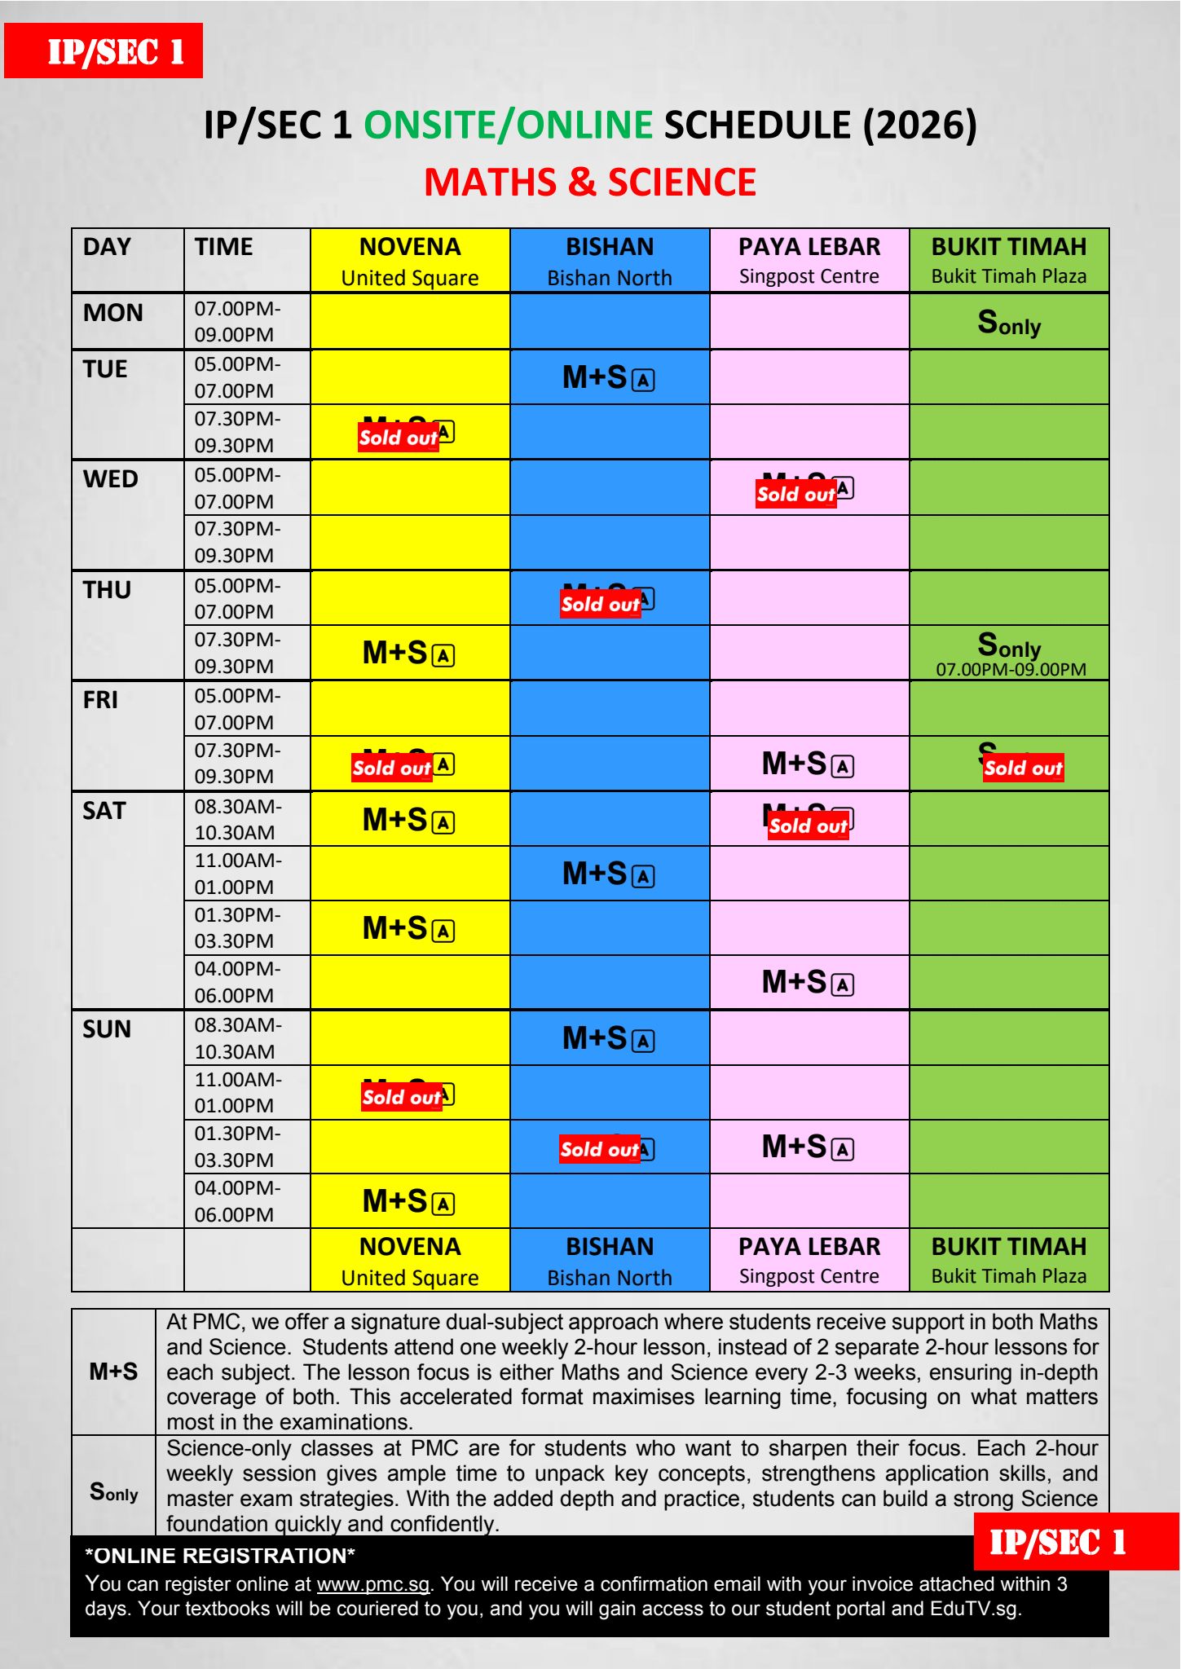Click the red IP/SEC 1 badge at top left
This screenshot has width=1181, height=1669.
coord(104,51)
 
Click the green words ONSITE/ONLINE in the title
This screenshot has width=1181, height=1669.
coord(508,126)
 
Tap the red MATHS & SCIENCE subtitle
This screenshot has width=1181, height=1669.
coord(590,182)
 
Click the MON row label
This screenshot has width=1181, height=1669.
coord(113,313)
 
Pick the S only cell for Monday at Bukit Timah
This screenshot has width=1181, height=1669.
coord(1009,323)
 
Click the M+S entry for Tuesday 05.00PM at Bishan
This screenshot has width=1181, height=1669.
coord(608,377)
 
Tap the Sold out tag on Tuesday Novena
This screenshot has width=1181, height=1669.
coord(399,438)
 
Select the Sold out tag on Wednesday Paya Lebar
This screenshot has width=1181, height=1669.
coord(796,494)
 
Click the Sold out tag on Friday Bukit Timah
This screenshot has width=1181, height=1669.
coord(1023,768)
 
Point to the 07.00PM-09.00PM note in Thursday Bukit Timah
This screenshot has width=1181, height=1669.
coord(1011,670)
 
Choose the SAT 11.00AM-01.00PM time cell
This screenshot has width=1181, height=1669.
coord(238,874)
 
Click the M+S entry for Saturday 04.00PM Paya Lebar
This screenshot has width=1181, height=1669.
coord(808,983)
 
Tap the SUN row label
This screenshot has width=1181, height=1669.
coord(107,1029)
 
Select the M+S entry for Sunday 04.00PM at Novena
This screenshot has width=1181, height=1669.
coord(408,1201)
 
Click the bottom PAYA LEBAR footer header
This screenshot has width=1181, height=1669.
coord(809,1260)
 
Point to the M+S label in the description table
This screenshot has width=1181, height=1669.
coord(113,1372)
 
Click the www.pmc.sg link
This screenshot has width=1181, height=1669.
coord(372,1584)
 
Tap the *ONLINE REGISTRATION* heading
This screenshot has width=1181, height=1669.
coord(220,1556)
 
